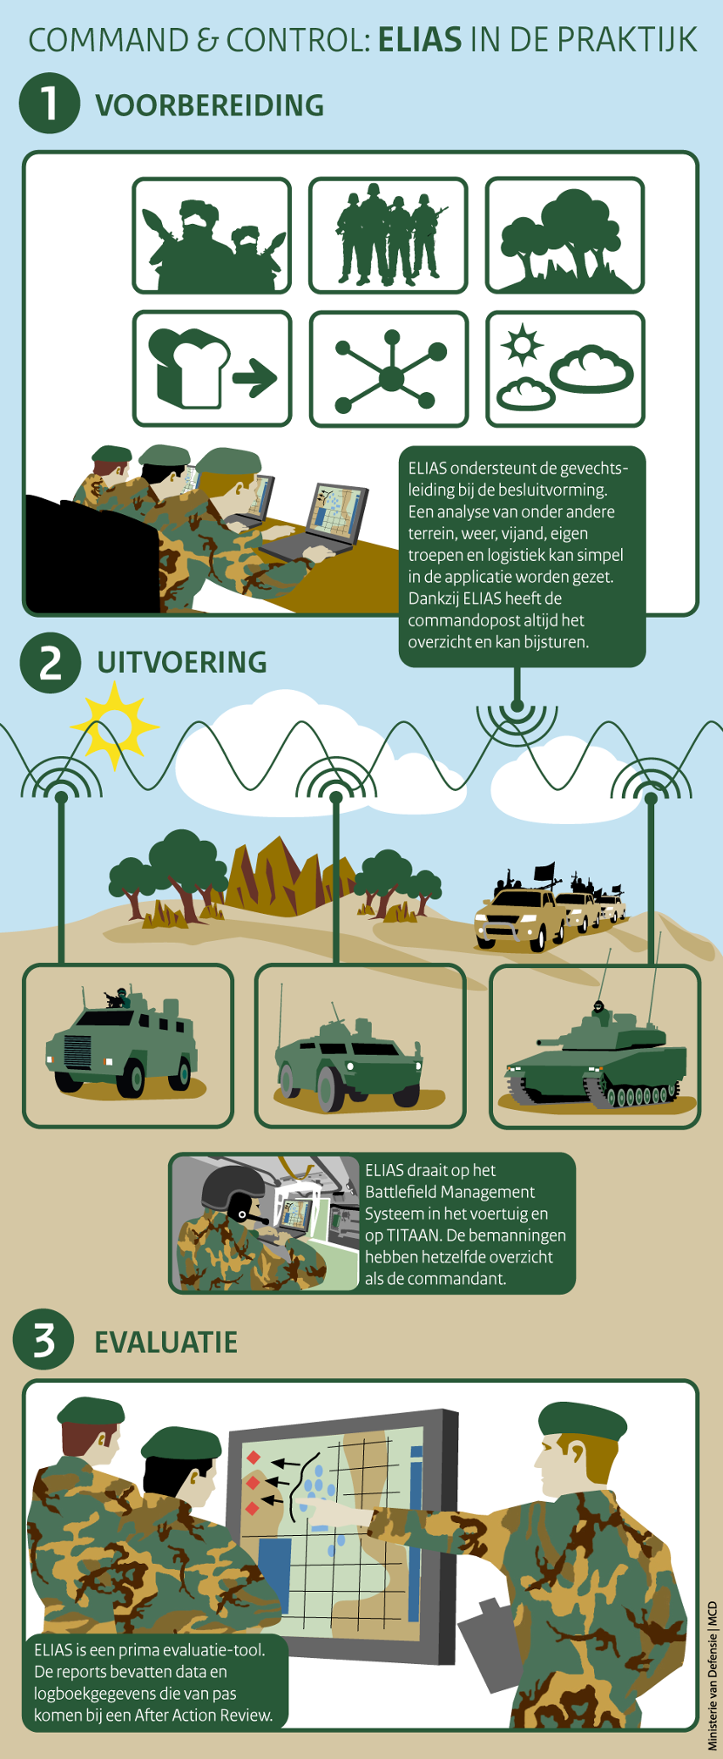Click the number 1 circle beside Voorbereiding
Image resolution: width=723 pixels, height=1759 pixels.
pos(50,103)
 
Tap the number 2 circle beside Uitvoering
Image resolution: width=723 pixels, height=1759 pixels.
pos(51,662)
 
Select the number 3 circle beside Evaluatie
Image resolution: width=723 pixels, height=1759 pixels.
pos(44,1339)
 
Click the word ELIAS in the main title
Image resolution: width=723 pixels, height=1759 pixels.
pos(421,40)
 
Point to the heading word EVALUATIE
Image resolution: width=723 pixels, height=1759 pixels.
pos(166,1342)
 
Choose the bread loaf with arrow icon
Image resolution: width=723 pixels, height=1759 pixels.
pos(212,369)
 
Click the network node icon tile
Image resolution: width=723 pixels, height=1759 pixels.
pos(389,369)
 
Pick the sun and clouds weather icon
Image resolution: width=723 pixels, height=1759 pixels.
pos(565,369)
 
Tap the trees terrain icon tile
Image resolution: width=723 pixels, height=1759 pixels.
pos(565,235)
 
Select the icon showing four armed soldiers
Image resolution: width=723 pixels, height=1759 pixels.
pos(389,235)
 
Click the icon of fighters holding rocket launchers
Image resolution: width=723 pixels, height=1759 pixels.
pos(212,235)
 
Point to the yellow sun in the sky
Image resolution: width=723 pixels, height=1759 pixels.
pos(114,725)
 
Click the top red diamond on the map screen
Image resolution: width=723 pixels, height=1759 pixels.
pos(253,1458)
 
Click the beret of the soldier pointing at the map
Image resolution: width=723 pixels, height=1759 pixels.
pos(582,1422)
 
